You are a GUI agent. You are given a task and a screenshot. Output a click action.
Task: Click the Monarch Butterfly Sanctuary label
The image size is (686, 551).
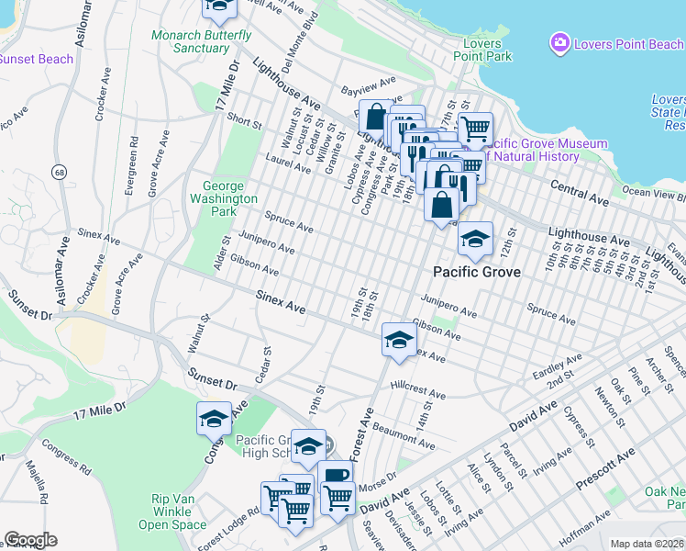202,41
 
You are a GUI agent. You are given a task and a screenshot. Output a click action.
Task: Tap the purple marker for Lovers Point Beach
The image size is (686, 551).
559,42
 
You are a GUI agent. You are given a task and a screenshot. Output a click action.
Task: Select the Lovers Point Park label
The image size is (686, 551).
482,50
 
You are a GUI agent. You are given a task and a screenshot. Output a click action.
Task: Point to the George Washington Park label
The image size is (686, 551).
223,197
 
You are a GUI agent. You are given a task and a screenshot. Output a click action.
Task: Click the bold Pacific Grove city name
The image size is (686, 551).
477,272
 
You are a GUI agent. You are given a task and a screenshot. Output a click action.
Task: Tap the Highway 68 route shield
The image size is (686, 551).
59,172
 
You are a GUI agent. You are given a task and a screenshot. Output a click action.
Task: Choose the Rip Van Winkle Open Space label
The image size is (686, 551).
172,512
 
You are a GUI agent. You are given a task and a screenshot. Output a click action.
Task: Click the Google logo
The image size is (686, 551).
30,540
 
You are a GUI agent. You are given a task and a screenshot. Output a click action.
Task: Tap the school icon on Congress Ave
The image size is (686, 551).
214,419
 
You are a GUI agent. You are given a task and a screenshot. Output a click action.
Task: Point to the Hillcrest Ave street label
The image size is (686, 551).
417,390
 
